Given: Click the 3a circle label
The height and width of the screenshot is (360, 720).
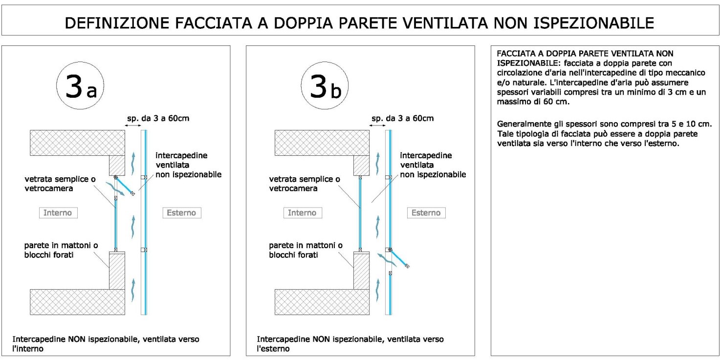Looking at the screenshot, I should (x=81, y=87).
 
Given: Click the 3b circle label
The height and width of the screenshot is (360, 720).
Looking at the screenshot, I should (x=325, y=87).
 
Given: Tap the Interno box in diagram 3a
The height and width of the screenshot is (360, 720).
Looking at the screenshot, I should (x=58, y=212).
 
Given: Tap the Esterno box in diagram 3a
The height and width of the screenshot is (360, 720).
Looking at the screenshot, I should (x=181, y=212).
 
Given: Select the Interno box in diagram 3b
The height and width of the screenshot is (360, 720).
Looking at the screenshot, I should (x=302, y=212).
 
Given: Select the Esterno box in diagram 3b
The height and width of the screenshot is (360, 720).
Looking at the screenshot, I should (x=426, y=212).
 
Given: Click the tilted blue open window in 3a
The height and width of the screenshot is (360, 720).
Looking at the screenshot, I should (x=125, y=186).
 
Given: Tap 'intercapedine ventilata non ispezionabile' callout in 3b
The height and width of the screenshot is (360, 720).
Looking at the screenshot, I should (x=432, y=165).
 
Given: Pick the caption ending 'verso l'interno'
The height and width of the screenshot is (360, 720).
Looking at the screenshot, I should (x=106, y=344).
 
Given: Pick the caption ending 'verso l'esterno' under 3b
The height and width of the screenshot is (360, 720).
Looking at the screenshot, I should (x=350, y=344).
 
